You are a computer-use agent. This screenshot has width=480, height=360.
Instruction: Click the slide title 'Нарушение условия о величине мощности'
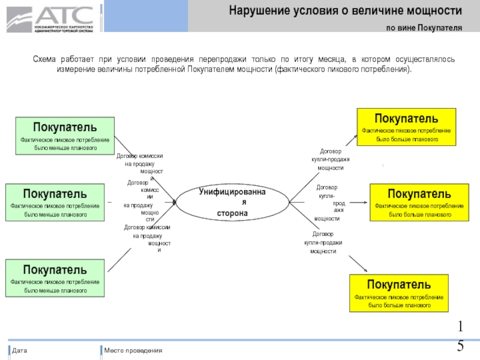(x=346, y=11)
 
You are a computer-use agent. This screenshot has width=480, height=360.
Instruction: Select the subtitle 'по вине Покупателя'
(x=424, y=28)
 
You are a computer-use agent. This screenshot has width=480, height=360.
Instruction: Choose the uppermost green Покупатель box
(x=65, y=136)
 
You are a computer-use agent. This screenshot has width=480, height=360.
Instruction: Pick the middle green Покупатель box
(x=55, y=203)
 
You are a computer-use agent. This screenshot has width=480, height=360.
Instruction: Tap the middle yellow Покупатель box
(x=419, y=203)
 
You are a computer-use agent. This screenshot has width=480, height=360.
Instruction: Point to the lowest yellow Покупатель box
(x=398, y=293)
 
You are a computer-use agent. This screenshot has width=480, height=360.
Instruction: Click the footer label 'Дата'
(x=20, y=350)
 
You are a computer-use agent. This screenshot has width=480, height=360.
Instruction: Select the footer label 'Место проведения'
(x=133, y=350)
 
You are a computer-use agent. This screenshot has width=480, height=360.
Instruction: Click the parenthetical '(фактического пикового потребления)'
(x=343, y=69)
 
